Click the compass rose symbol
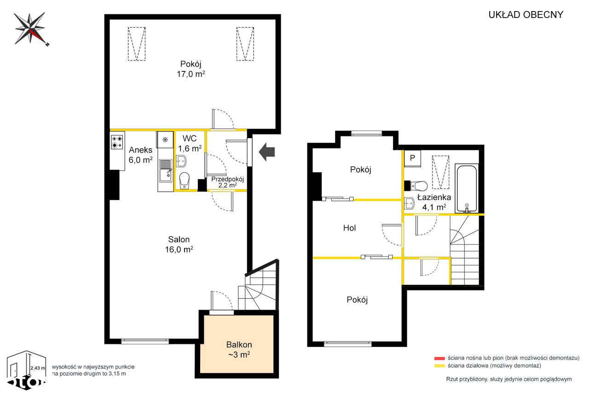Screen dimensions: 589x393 pos(31,29)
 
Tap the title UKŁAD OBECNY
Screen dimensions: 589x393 pos(525,15)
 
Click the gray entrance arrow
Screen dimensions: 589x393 pos(267,152)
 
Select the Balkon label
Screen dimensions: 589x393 pos(239,345)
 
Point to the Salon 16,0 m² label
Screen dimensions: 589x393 pos(179,244)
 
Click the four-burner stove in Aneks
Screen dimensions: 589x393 pos(117,142)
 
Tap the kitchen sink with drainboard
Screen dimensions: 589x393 pos(165,170)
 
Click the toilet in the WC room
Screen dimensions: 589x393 pos(185,181)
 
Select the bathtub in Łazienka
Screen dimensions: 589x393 pos(467,188)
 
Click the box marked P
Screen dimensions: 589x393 pos(412,158)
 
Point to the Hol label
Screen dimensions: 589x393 pos(349,228)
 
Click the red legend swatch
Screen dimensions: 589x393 pos(439,358)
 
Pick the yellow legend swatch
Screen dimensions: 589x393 pos(439,366)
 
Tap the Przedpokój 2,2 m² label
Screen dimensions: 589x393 pos(227,182)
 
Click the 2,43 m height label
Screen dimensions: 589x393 pos(38,368)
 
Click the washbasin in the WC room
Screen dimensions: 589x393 pos(181,161)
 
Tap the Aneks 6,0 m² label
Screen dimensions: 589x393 pos(141,155)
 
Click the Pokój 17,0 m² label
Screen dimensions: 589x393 pos(191,69)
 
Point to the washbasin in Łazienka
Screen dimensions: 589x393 pos(409,203)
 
